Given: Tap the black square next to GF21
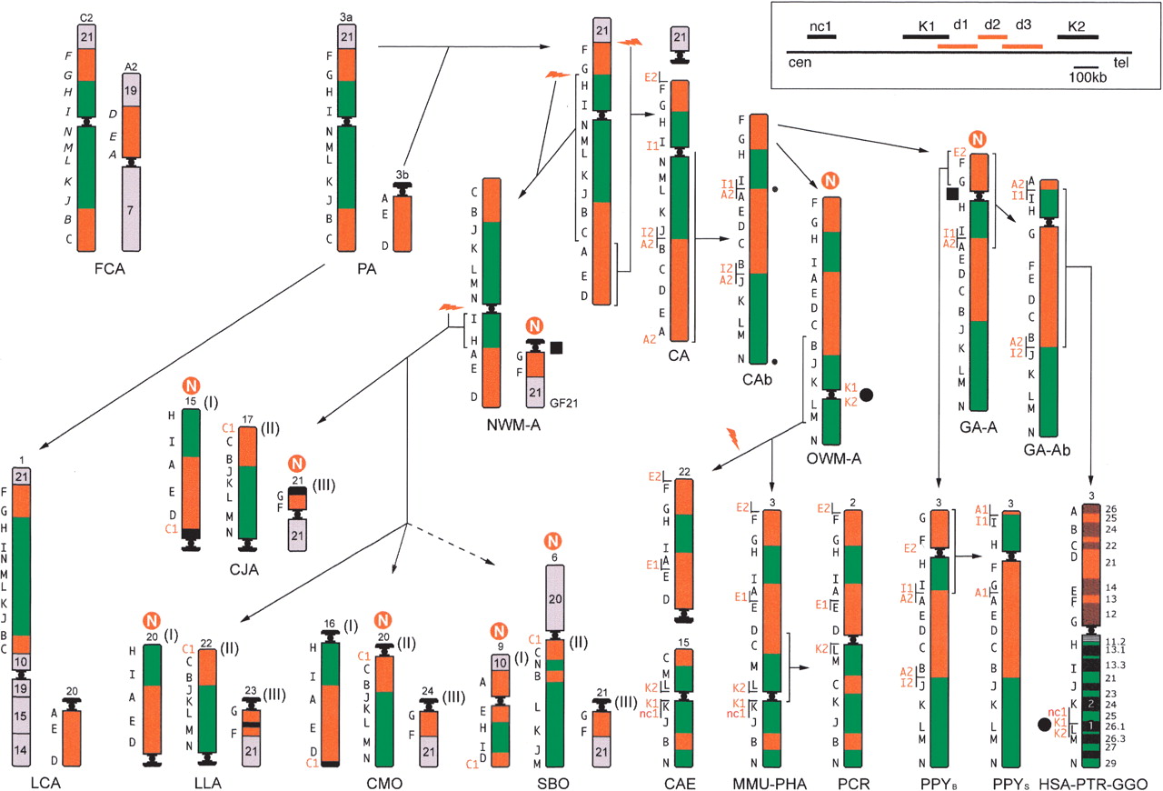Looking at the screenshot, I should click(556, 346).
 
